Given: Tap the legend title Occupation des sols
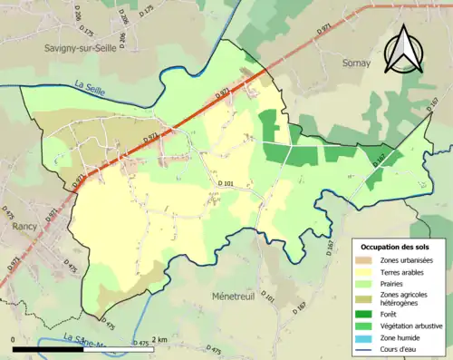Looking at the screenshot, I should pyautogui.click(x=397, y=247).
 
